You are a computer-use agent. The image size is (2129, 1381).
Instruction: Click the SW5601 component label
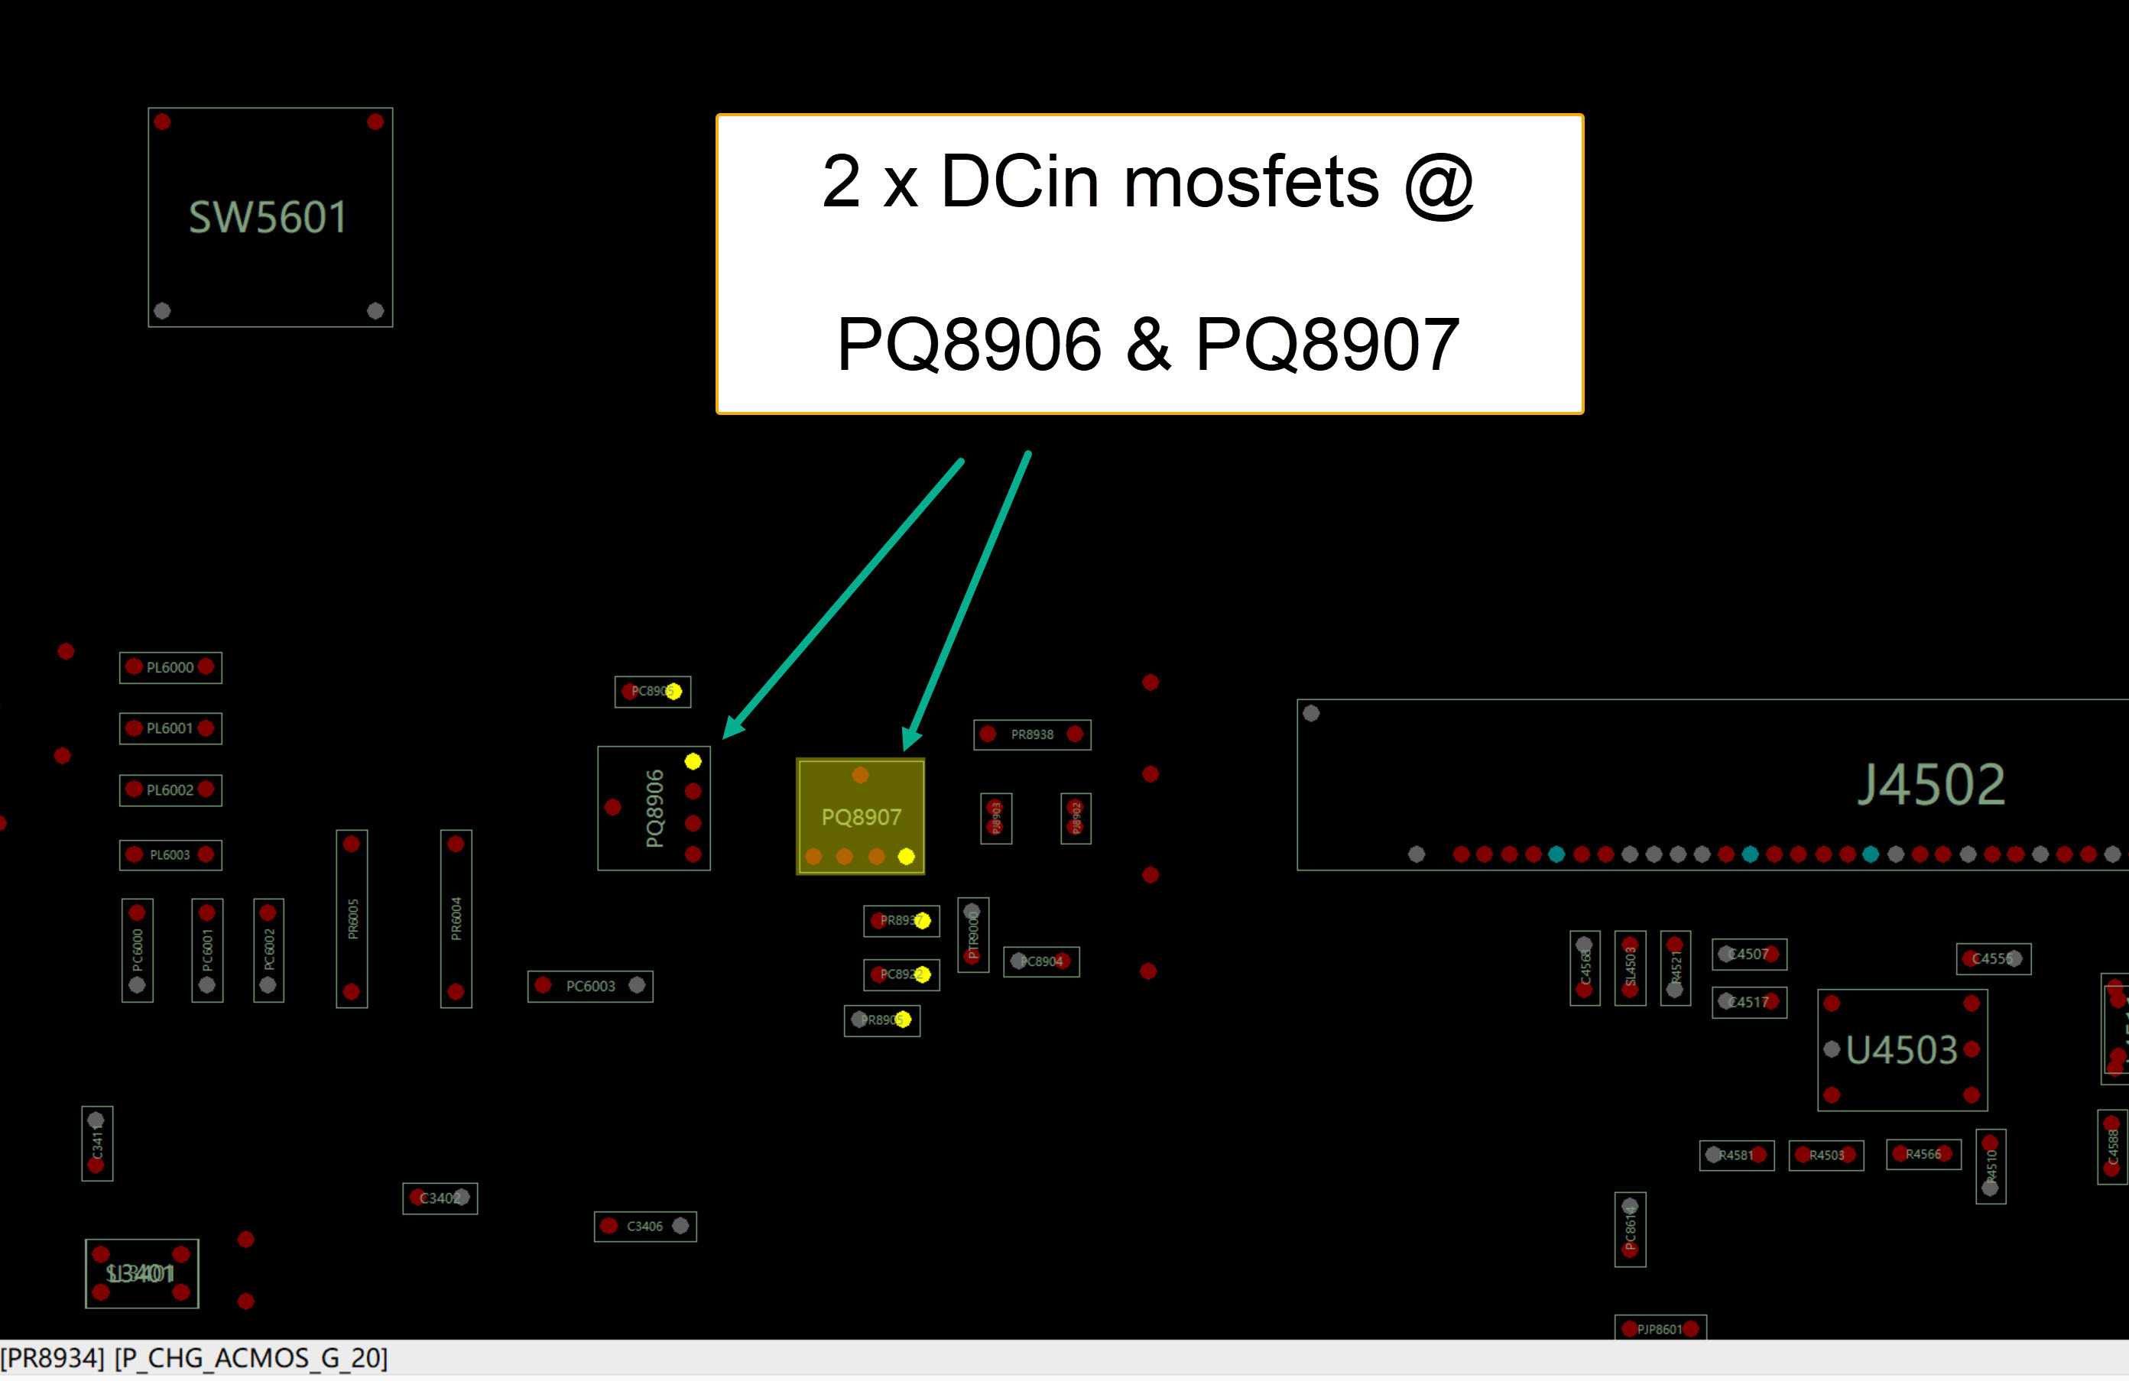pos(268,217)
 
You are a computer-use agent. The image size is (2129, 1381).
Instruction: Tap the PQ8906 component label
pos(655,808)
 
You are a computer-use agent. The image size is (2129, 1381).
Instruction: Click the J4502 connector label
pos(1930,784)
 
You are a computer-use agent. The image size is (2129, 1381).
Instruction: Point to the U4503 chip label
pos(1902,1050)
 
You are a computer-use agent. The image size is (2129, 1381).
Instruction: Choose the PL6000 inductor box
pos(170,667)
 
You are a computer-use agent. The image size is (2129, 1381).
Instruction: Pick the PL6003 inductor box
pos(170,855)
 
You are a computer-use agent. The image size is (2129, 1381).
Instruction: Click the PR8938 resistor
pos(1031,734)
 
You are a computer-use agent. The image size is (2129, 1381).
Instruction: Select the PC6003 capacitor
pos(590,986)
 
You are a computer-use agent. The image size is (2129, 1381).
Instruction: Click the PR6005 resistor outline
pos(352,919)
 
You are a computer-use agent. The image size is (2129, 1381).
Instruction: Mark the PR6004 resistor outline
pos(456,919)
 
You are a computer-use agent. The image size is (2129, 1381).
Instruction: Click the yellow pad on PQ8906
pos(693,761)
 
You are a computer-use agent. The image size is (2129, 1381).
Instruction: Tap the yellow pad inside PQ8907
pos(906,857)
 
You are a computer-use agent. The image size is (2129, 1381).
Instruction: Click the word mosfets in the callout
pos(1251,183)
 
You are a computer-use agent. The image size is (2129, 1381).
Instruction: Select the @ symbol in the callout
pos(1439,184)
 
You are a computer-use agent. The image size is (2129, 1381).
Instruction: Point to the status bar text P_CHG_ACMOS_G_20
pos(252,1358)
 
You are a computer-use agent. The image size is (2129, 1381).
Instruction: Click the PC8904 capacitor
pos(1041,961)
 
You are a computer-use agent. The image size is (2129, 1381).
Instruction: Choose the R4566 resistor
pos(1923,1154)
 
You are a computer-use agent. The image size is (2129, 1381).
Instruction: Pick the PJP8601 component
pos(1660,1329)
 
